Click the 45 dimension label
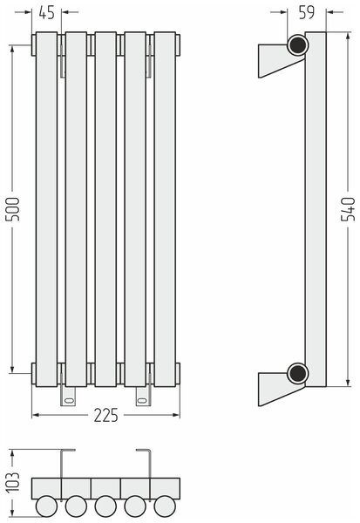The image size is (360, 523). pyautogui.click(x=46, y=13)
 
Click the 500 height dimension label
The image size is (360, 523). pyautogui.click(x=13, y=209)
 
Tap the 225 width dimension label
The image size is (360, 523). pyautogui.click(x=105, y=415)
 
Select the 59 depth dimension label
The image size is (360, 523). pyautogui.click(x=307, y=12)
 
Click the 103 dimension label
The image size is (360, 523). pyautogui.click(x=13, y=482)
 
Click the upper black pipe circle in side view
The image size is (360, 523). pyautogui.click(x=297, y=45)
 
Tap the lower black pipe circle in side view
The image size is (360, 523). pyautogui.click(x=297, y=373)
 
